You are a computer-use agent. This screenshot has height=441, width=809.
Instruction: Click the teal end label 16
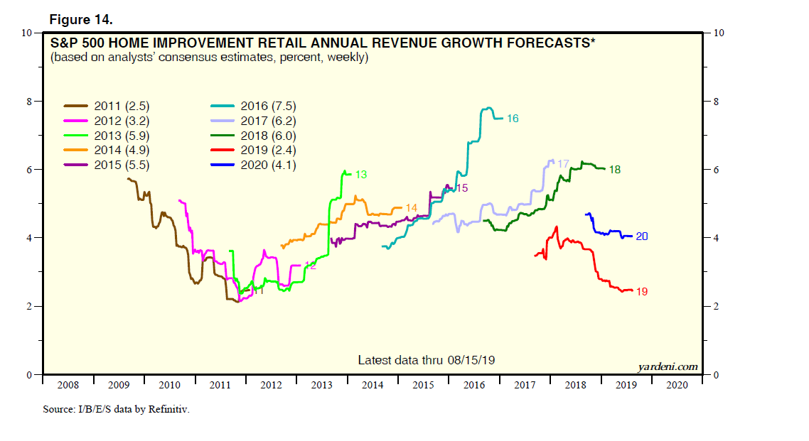(x=513, y=119)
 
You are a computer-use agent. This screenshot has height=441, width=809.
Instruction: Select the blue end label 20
(x=641, y=236)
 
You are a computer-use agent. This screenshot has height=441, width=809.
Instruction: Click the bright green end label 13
(x=360, y=174)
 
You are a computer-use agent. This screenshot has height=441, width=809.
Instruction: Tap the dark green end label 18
(x=616, y=170)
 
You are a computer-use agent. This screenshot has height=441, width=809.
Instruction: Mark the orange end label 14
(x=411, y=208)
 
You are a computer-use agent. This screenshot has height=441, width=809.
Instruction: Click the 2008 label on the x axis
(x=68, y=384)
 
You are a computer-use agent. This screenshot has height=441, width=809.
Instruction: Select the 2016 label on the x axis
(x=473, y=384)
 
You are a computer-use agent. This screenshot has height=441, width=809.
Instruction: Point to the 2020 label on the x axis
(x=676, y=384)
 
